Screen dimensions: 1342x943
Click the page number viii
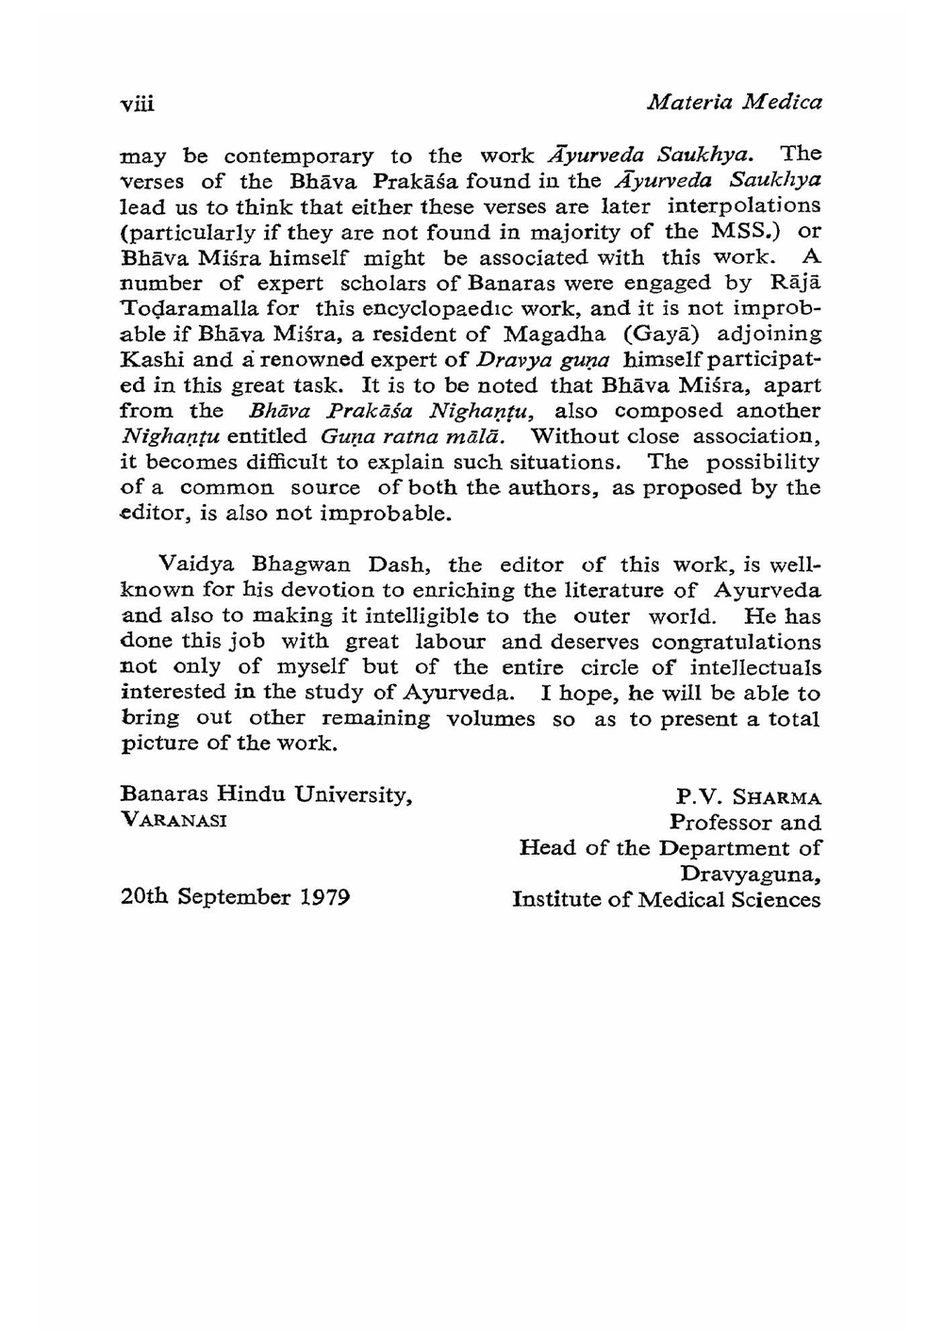point(137,103)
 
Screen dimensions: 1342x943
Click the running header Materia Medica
point(735,101)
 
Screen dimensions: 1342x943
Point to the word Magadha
point(554,335)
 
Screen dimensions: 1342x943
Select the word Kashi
point(151,360)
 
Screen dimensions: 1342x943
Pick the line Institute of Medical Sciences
point(666,900)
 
